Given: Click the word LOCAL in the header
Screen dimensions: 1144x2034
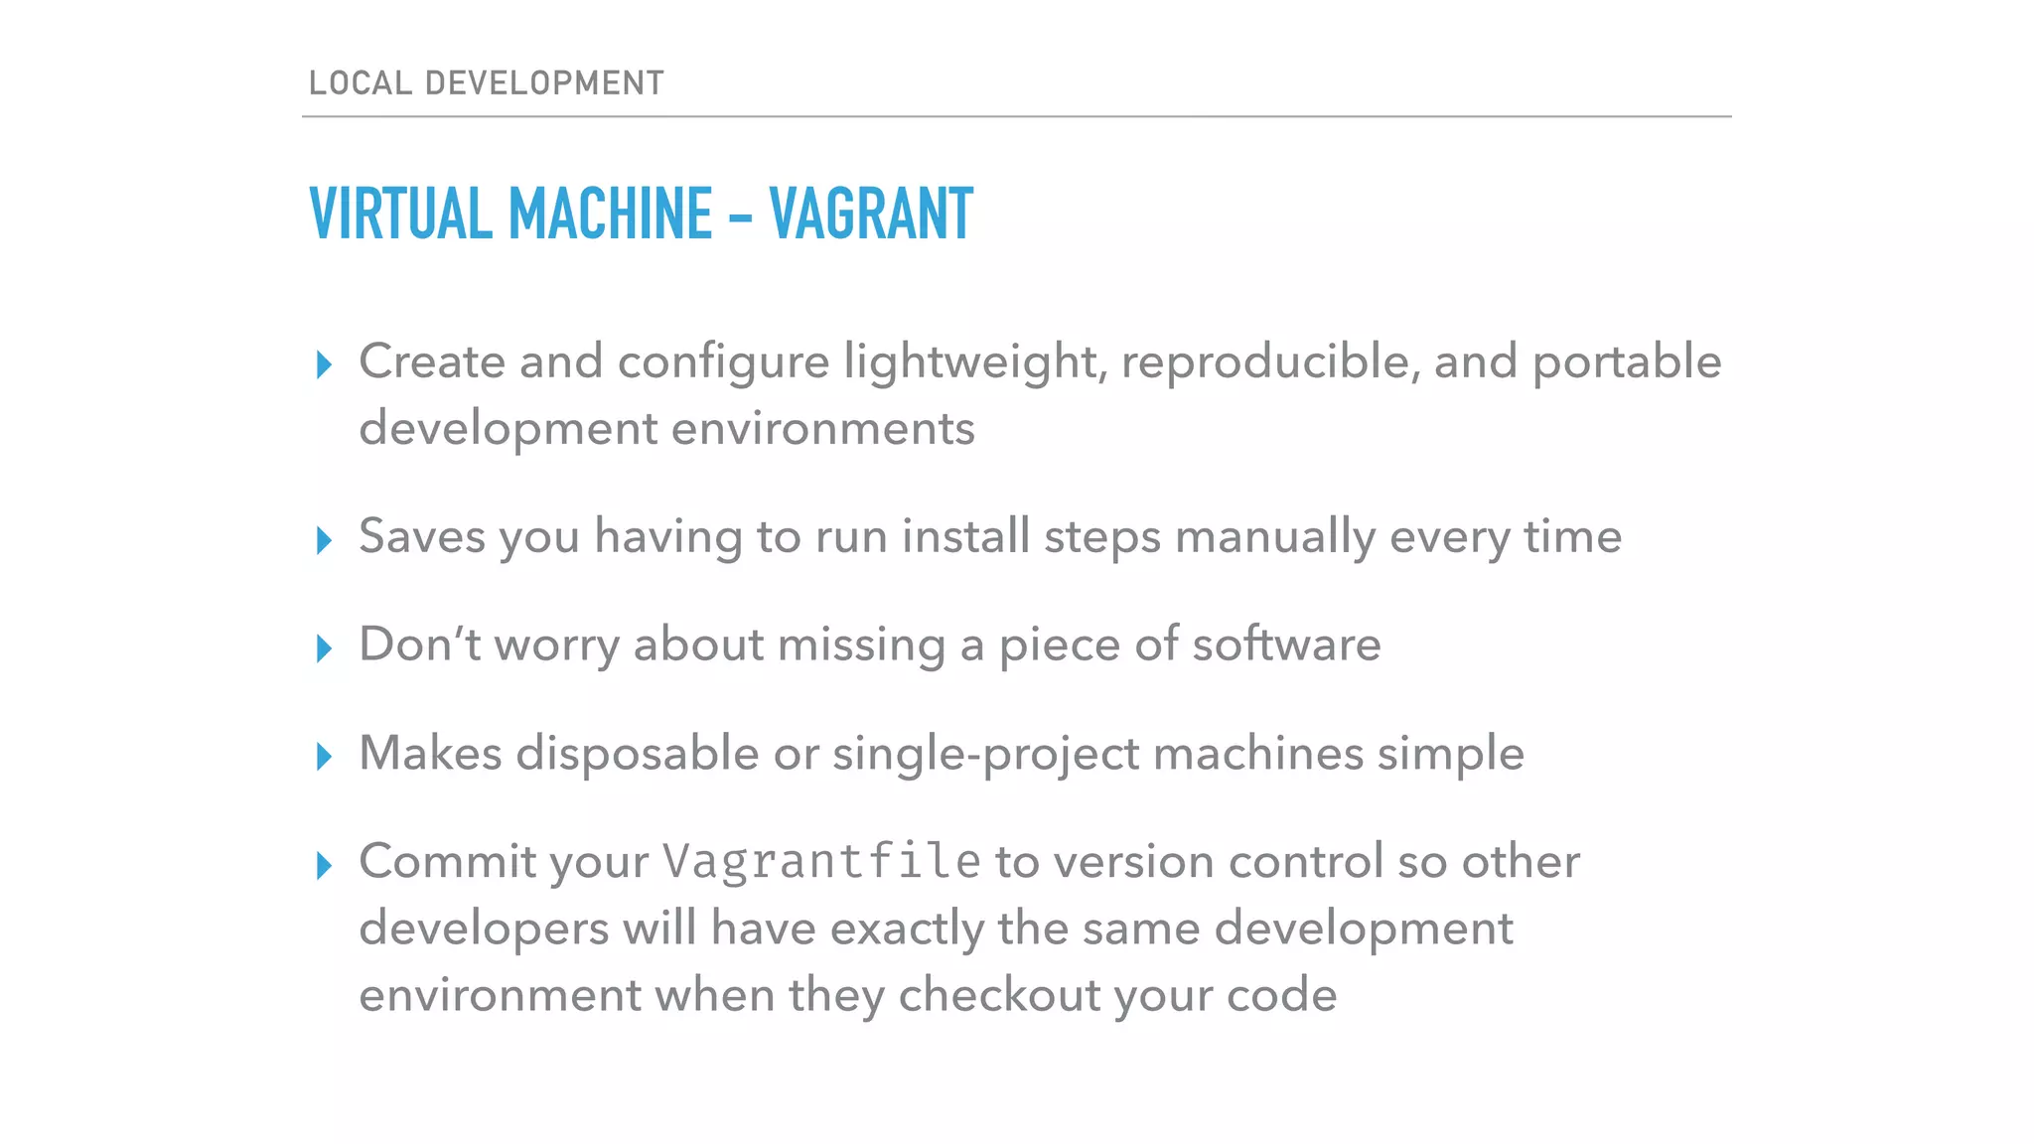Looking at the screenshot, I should click(x=360, y=82).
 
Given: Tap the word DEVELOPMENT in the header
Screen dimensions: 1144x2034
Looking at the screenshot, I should click(x=544, y=82).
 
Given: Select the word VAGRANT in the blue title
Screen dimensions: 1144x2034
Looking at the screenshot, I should click(x=871, y=214).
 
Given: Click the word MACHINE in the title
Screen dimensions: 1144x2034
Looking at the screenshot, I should click(x=610, y=214).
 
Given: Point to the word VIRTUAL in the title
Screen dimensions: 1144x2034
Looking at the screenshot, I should click(x=400, y=214).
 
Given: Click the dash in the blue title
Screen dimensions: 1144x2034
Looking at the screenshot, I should click(x=740, y=215).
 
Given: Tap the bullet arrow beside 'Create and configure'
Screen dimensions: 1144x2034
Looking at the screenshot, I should click(x=324, y=364).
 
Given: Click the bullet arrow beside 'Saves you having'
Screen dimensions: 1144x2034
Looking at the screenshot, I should click(x=324, y=540).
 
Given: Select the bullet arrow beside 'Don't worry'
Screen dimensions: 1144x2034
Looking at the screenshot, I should click(x=324, y=648).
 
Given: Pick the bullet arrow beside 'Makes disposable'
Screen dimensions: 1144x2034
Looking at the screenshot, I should click(x=324, y=757).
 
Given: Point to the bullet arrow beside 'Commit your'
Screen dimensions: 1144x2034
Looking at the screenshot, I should click(x=324, y=865).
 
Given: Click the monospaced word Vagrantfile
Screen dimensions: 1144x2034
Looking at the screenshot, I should click(x=822, y=861).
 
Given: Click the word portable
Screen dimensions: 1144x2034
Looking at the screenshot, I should click(x=1627, y=362).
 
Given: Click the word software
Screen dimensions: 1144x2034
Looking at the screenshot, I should click(x=1286, y=644).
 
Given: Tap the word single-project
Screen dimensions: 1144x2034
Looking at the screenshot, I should click(x=986, y=754).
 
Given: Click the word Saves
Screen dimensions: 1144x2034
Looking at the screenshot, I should click(x=422, y=536).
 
